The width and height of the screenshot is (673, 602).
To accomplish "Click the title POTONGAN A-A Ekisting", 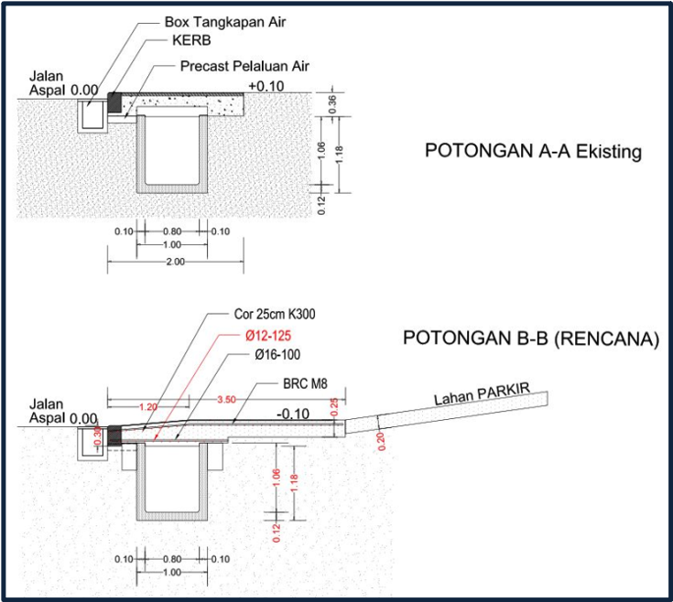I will coord(533,152).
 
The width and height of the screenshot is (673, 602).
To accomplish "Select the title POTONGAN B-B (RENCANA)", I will coord(531,339).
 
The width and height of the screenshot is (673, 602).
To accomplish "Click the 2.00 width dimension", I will coord(176,262).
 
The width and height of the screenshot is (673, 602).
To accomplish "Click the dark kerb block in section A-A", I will coord(115,102).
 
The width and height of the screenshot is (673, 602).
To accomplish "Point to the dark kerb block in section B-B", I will coord(114,435).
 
